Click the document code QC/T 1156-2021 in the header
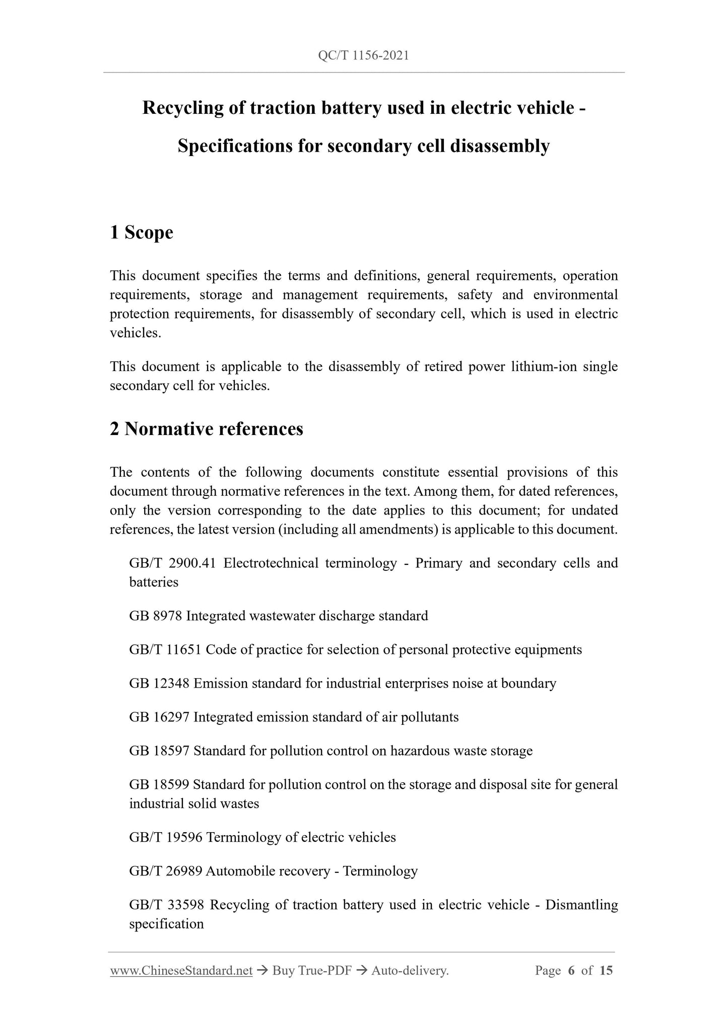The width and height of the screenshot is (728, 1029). [363, 55]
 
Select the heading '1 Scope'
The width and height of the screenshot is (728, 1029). [142, 233]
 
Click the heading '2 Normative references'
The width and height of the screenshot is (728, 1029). [207, 429]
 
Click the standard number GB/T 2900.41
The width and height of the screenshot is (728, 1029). [172, 563]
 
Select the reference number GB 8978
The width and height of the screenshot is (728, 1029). [155, 616]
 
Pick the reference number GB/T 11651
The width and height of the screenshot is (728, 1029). [165, 649]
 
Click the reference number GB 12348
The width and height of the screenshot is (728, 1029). [159, 683]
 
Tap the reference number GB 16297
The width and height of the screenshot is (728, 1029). [159, 717]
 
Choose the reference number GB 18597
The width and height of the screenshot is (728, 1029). [159, 751]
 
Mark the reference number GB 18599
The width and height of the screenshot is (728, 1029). [159, 784]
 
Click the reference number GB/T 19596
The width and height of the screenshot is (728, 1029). [165, 837]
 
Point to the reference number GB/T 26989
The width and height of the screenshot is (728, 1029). [165, 871]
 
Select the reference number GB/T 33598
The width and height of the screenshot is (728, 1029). [166, 905]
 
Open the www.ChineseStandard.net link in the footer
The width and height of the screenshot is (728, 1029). [181, 971]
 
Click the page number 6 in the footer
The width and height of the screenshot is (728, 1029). [571, 971]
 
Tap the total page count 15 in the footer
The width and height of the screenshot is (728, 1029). [606, 971]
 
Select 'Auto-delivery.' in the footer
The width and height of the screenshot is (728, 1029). [410, 971]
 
